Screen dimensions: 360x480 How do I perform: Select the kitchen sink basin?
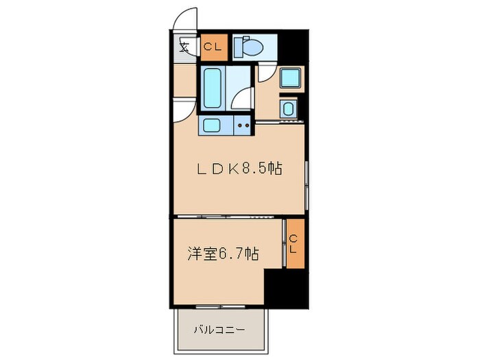click(x=211, y=125)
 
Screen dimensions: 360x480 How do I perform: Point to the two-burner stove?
click(x=242, y=125)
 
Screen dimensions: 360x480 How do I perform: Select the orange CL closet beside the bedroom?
click(x=293, y=243)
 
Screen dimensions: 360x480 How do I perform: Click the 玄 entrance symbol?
click(x=184, y=47)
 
